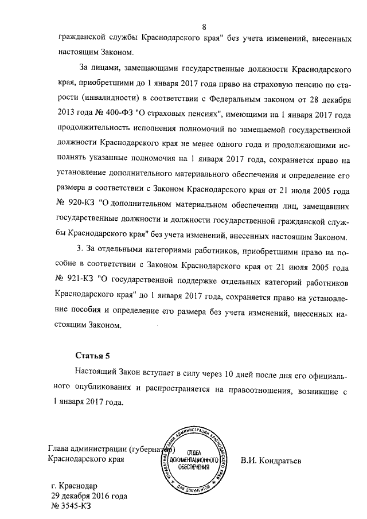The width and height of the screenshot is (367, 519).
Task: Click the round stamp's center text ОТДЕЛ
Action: [196, 452]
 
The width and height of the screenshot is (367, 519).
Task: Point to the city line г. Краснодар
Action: [75, 484]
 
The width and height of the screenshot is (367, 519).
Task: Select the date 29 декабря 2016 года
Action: [89, 495]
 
